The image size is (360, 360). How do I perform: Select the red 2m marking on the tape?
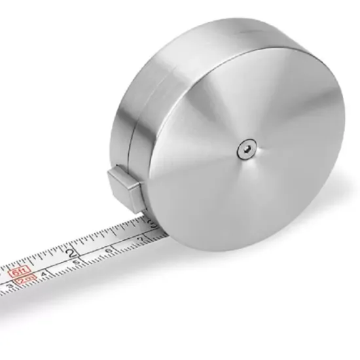pos(26,279)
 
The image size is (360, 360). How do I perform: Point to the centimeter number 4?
pos(43,274)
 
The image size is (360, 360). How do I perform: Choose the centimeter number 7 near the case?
pos(141,240)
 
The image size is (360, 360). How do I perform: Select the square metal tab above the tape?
pos(124,184)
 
